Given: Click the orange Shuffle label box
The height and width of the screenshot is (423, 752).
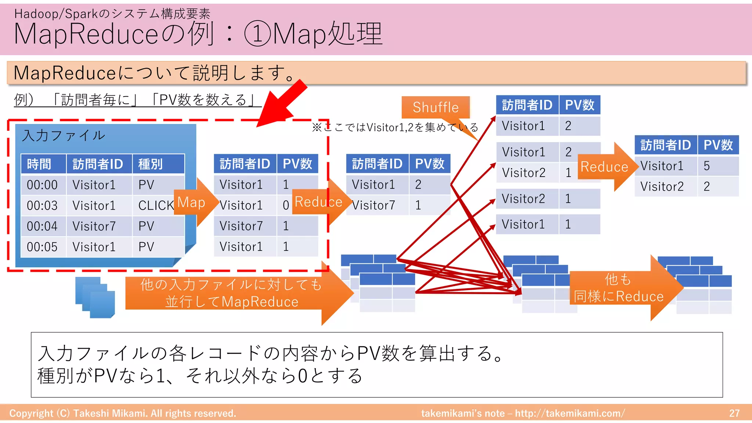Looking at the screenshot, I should pos(435,107).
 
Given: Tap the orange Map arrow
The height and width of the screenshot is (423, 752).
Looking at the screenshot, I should pos(193,202).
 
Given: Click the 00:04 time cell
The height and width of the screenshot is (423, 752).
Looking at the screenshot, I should pos(42,226).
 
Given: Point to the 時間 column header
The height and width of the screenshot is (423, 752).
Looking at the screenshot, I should pos(39,164).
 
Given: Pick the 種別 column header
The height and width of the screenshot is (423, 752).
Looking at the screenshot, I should pos(151,164).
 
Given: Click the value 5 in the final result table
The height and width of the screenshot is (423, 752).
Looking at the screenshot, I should pos(707,166).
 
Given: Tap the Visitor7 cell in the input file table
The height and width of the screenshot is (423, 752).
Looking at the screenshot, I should pos(94,226).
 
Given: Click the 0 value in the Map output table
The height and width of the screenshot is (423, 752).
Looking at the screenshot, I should pos(286,205).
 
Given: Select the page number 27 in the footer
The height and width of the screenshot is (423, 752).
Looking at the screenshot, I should pos(734,413).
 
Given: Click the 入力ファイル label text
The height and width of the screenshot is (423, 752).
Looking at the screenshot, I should pos(64,135).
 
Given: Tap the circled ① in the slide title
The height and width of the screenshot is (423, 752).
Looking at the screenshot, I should pos(257,34).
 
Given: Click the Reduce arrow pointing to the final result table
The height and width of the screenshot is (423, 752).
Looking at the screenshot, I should pos(606,167).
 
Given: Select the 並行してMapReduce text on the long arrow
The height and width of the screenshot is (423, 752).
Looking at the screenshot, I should pos(231,302).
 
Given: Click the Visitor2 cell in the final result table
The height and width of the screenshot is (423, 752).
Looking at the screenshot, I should pos(662,187).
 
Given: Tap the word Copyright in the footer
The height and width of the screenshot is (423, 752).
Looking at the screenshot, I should pos(31,413).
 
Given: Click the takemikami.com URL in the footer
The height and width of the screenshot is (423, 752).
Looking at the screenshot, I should pos(569,413).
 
